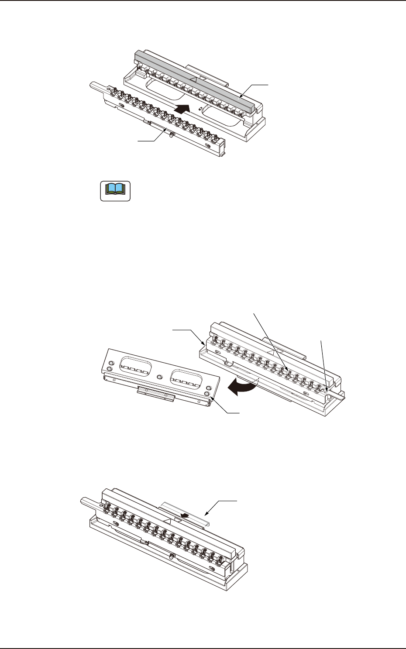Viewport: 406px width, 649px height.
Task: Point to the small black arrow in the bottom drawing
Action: pos(185,515)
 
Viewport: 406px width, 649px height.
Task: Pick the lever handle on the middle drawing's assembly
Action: pos(337,395)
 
